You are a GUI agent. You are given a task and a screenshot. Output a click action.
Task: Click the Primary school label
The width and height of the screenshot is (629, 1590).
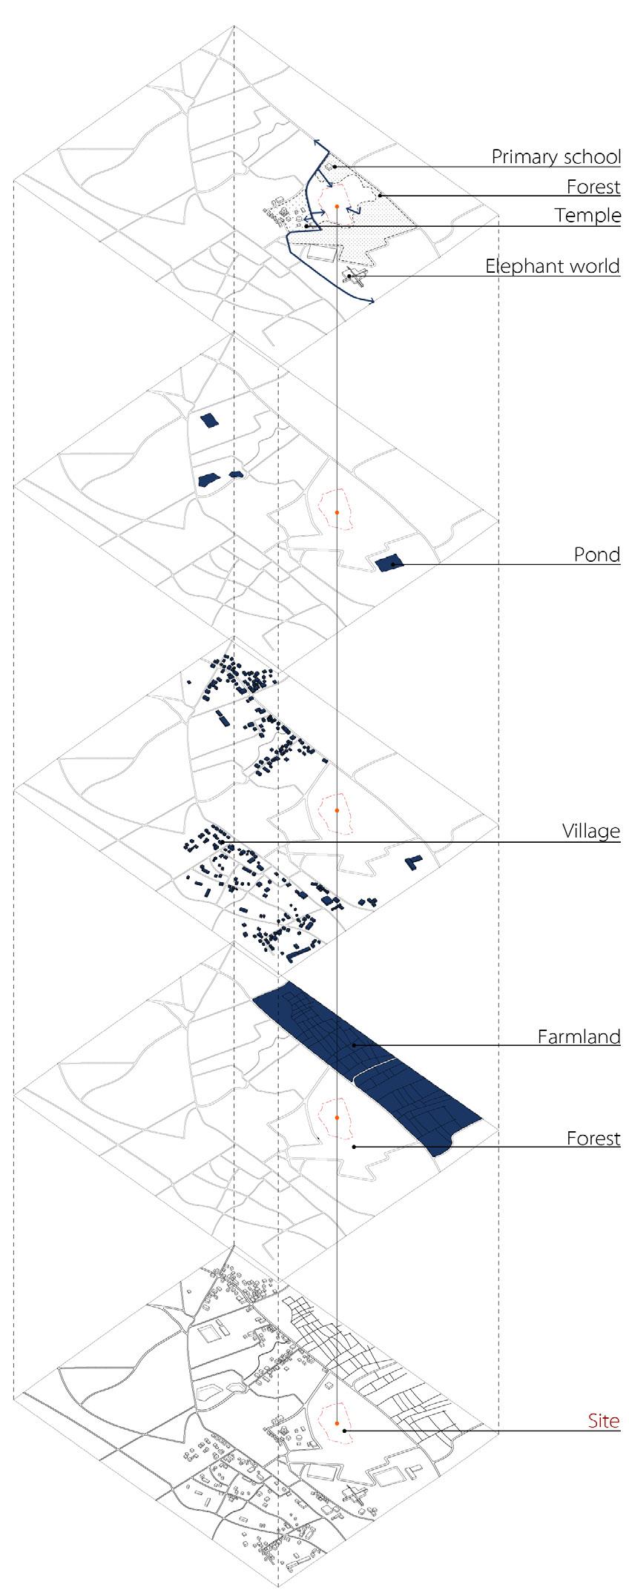tap(556, 157)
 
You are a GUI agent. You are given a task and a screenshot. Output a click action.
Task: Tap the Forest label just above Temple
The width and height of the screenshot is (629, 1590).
tap(593, 187)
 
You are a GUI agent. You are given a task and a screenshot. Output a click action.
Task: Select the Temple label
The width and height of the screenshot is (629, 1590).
tap(587, 216)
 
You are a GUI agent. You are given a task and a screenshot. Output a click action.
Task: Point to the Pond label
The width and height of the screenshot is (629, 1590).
tap(596, 554)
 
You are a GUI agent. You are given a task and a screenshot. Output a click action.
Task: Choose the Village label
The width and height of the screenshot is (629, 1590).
tap(590, 831)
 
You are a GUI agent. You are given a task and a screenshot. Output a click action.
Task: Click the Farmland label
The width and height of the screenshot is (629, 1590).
tap(579, 1036)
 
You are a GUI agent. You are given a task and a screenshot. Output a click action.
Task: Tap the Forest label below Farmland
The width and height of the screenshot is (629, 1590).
tap(593, 1138)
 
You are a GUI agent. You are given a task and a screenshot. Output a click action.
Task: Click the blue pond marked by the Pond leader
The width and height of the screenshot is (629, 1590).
tap(387, 563)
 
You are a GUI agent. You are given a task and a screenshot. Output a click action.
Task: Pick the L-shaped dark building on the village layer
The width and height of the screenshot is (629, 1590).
tap(413, 862)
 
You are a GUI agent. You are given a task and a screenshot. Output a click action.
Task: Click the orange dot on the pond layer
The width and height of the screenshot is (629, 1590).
tap(337, 512)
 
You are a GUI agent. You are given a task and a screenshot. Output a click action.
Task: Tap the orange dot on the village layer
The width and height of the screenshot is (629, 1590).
tap(337, 810)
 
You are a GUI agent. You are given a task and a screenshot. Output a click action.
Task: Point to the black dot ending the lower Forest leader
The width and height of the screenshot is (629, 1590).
tap(354, 1147)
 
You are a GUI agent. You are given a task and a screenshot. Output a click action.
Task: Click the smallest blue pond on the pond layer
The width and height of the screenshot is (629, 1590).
tap(236, 474)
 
